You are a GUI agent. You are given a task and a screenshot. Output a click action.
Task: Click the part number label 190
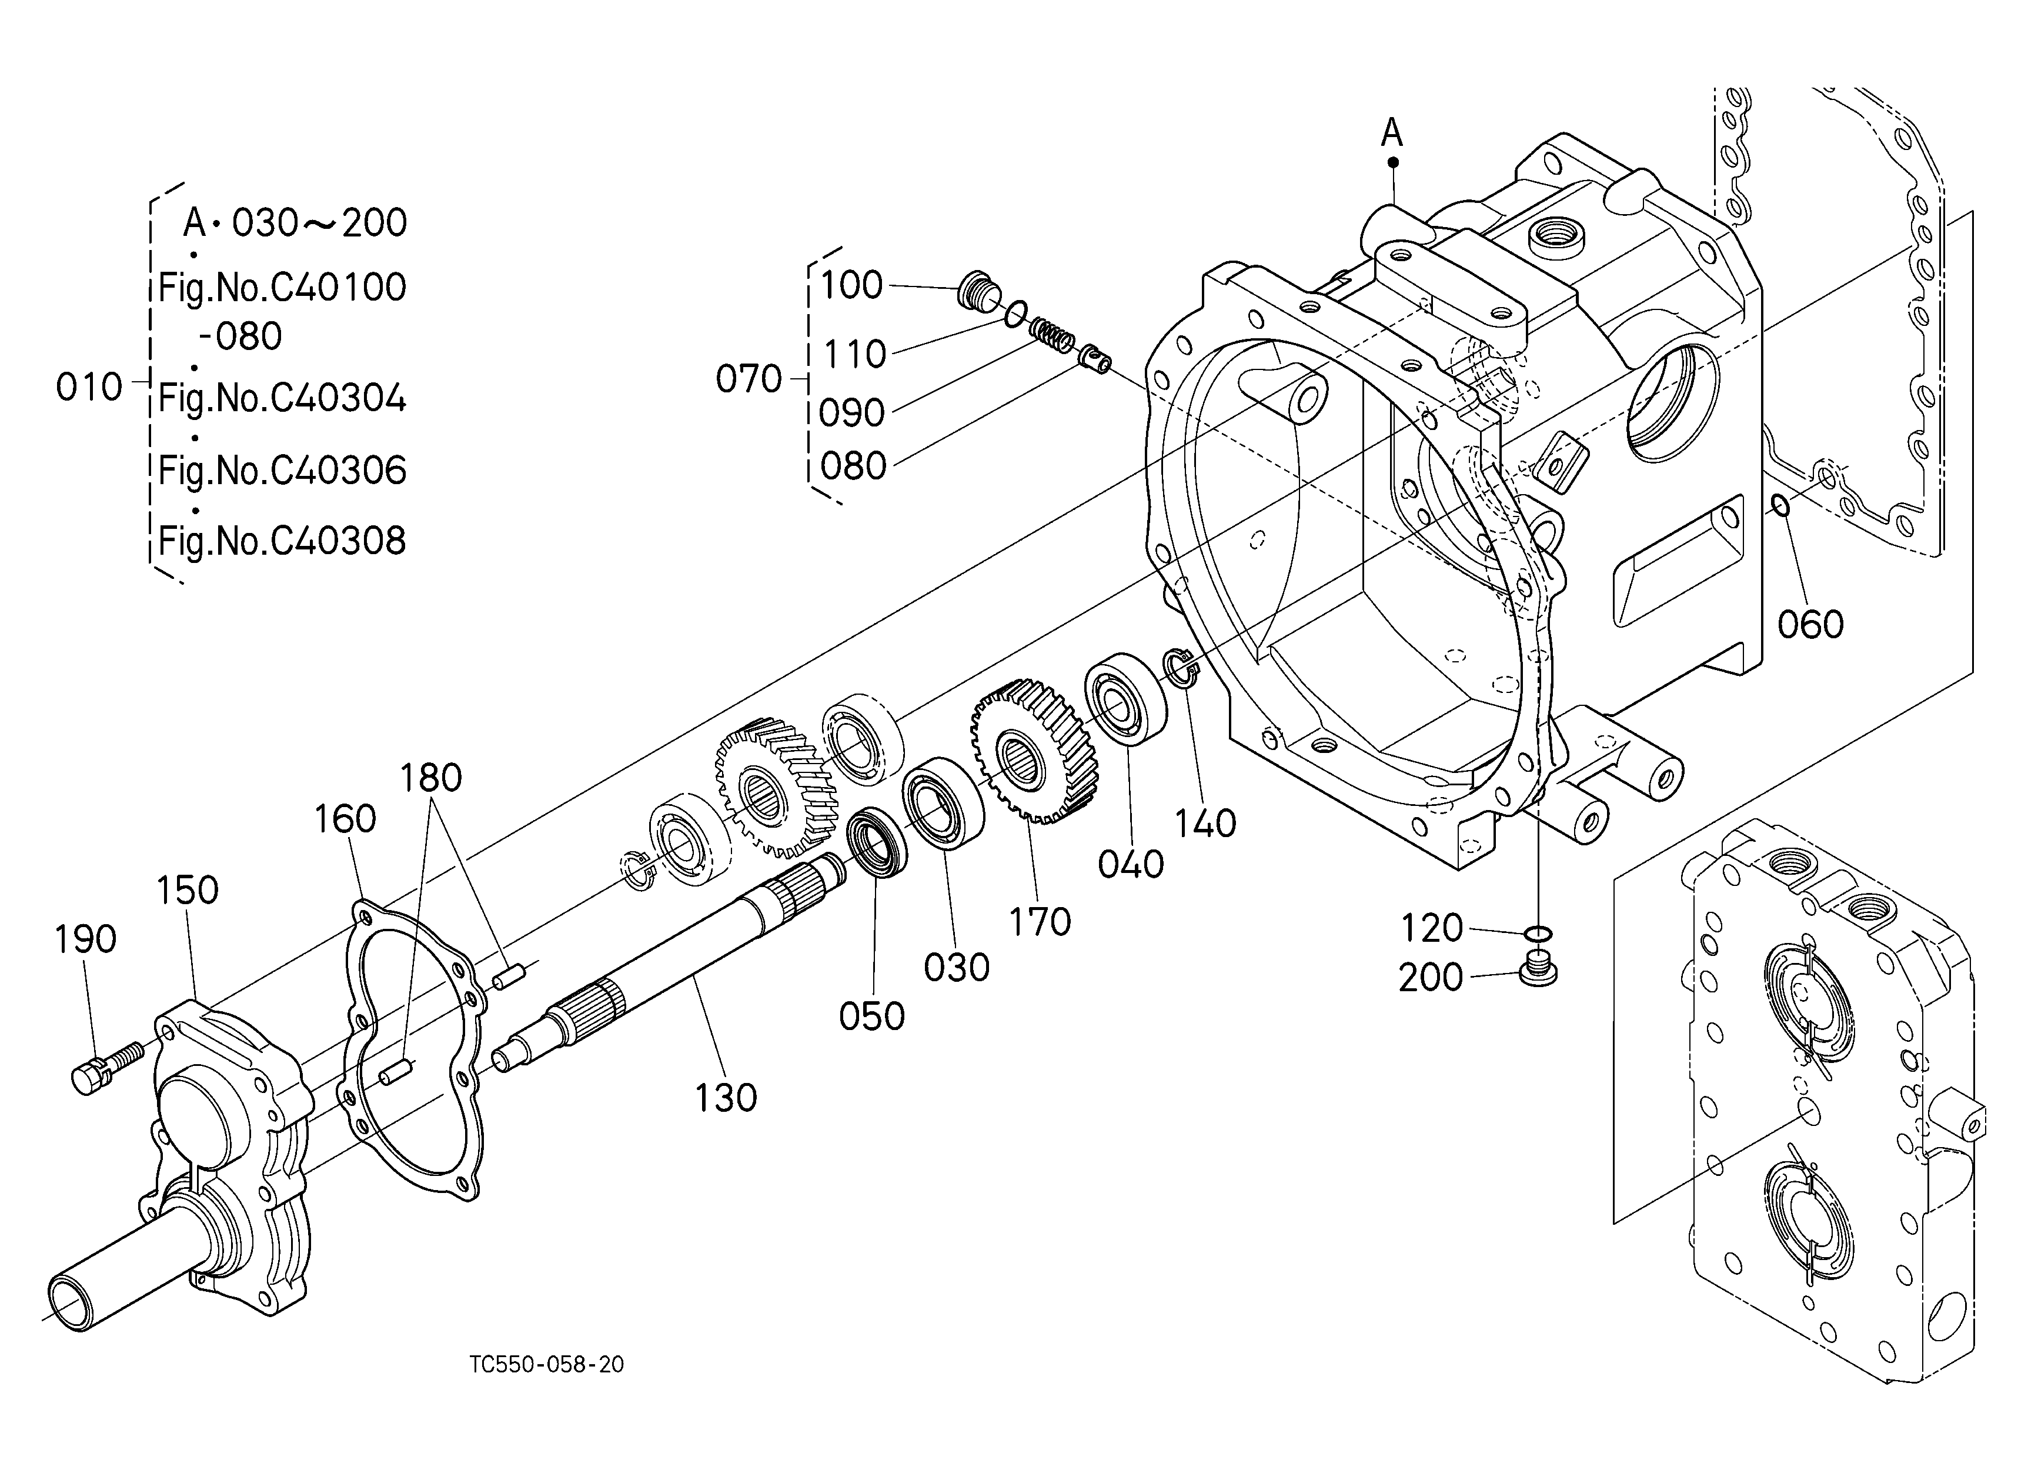(x=86, y=939)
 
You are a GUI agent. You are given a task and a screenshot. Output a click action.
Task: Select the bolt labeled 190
(x=105, y=1066)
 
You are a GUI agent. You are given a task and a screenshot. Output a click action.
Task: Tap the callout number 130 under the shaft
(x=726, y=1097)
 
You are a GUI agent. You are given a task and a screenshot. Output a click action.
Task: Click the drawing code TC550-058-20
(x=546, y=1364)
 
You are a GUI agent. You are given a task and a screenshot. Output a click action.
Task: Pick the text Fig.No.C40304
(x=283, y=398)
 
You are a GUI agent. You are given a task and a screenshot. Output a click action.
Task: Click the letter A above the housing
(x=1391, y=134)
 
